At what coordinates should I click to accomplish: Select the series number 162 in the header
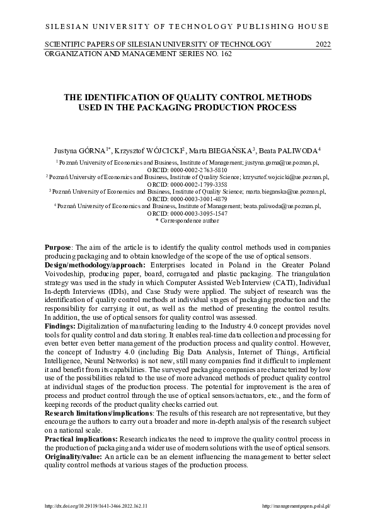click(223, 54)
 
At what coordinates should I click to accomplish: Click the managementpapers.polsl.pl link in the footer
click(296, 506)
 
